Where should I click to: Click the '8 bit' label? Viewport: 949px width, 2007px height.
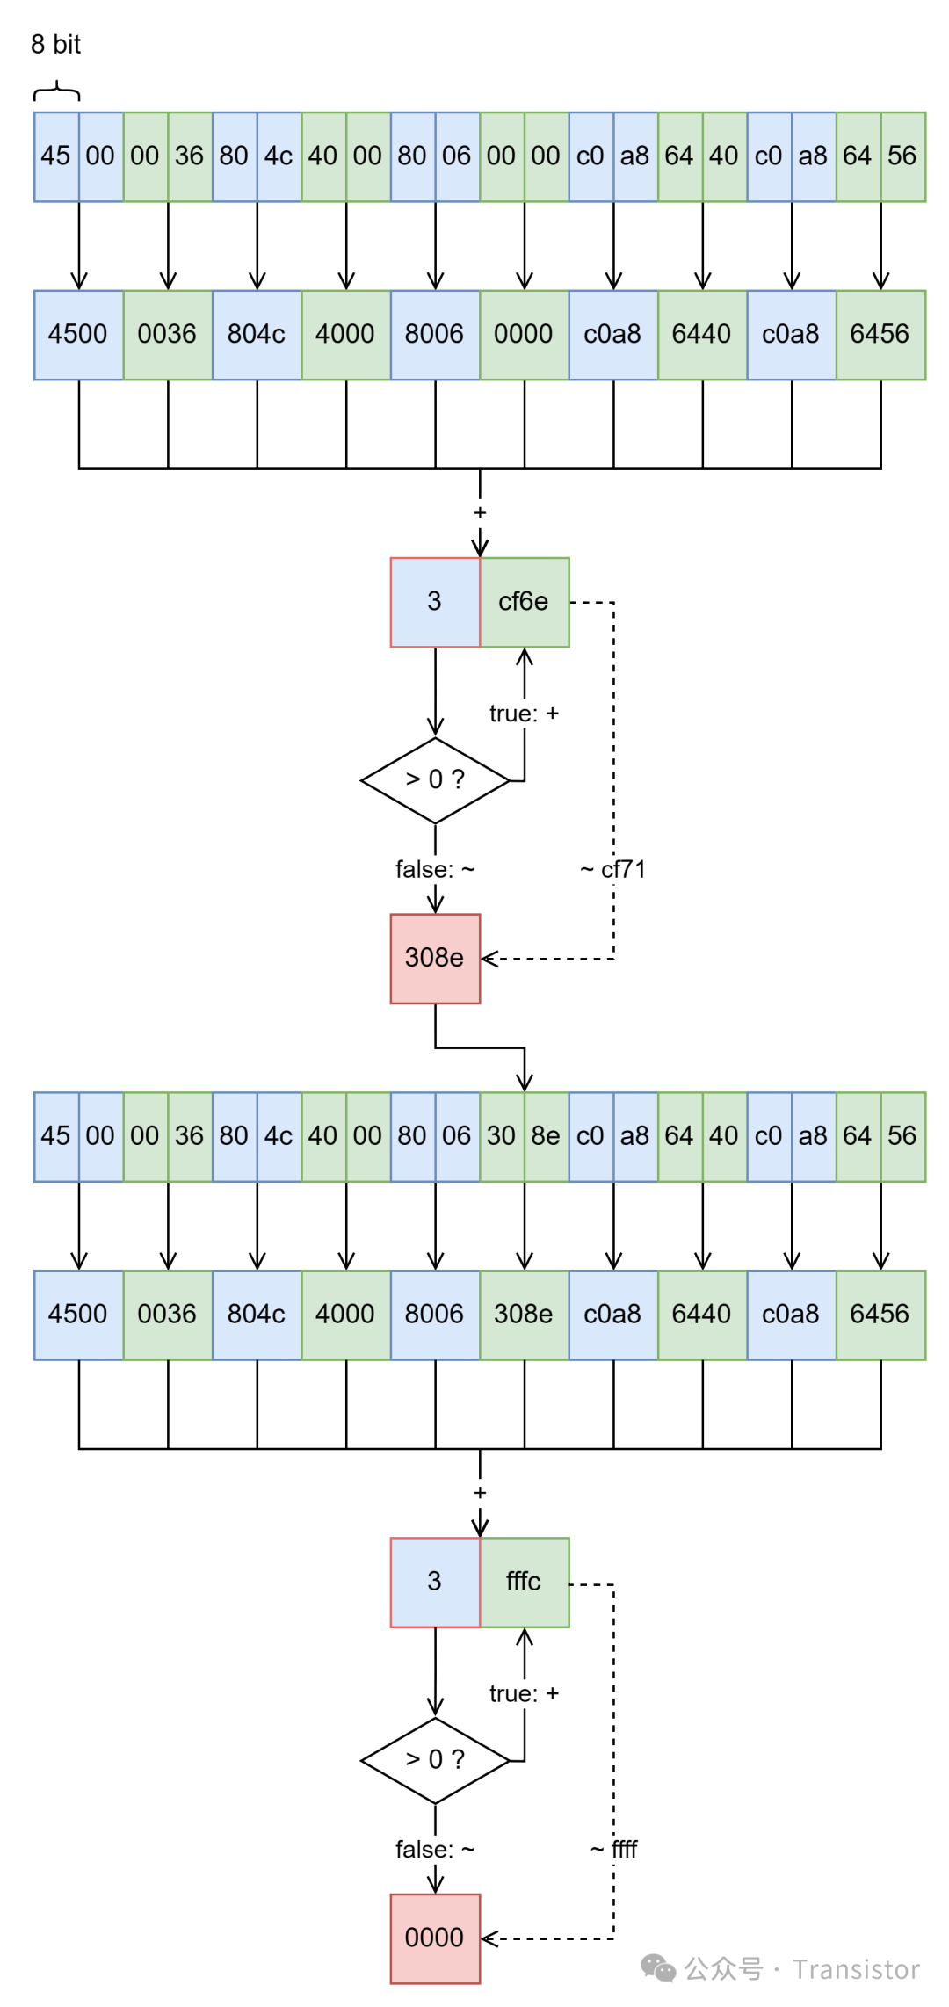55,44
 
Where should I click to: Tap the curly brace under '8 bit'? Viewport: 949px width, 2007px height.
56,91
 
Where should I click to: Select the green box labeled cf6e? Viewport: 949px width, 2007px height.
524,602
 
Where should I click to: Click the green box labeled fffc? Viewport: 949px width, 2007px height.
524,1582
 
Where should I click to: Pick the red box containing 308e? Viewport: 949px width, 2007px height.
435,958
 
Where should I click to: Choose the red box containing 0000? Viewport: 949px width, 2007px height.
435,1938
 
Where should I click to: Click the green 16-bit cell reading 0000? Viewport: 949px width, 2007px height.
524,335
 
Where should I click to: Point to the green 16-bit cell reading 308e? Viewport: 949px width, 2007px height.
524,1315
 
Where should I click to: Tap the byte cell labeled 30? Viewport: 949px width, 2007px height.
502,1136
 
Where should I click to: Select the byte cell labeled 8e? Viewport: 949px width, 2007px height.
546,1136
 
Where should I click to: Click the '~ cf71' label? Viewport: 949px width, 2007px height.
613,869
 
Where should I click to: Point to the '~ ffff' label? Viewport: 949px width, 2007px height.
614,1849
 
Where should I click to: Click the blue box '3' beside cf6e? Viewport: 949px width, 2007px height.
435,602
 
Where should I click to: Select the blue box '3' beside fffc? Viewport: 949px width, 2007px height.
435,1582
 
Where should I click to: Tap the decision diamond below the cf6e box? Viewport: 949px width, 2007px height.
435,779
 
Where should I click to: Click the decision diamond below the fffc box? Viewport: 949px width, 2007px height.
435,1759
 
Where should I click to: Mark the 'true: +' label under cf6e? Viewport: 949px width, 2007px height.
524,714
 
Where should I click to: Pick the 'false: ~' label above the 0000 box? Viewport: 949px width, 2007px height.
435,1849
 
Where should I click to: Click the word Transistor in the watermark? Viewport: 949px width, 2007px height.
856,1969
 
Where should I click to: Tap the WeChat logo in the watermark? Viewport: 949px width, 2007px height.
659,1968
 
